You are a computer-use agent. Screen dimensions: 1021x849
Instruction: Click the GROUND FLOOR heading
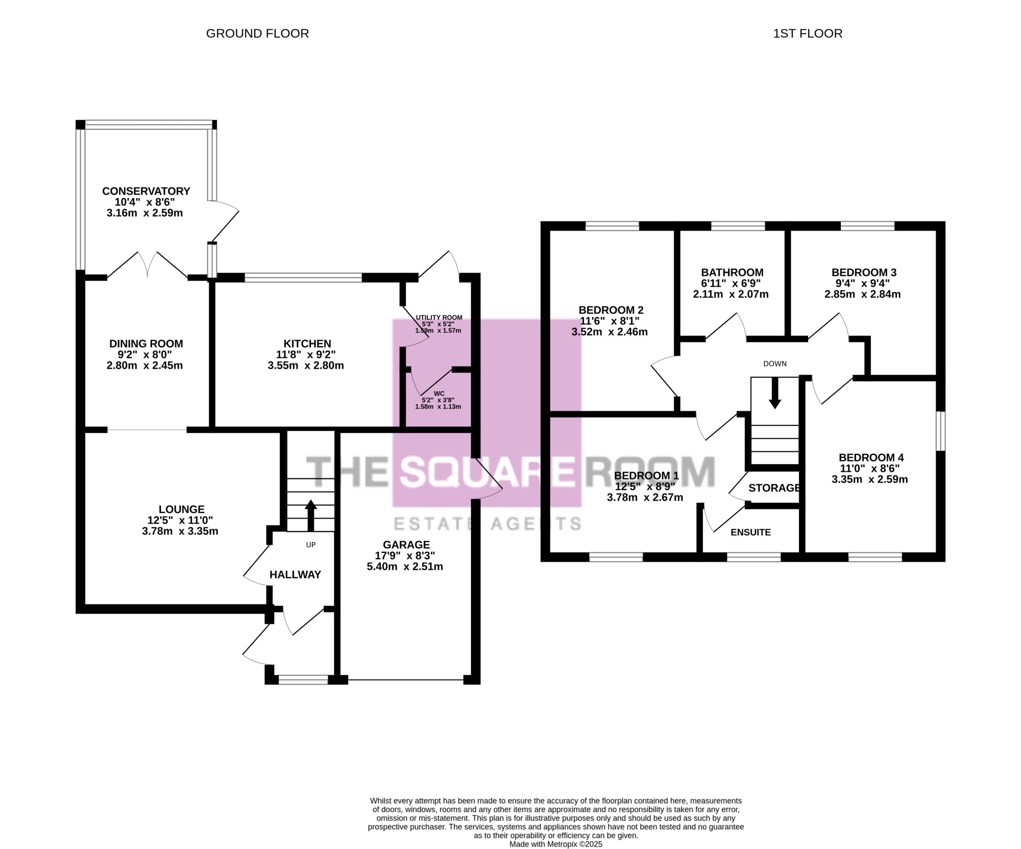pos(257,34)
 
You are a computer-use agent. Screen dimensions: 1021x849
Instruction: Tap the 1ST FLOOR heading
pos(808,34)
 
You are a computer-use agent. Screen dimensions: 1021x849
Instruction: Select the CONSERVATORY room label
pos(146,191)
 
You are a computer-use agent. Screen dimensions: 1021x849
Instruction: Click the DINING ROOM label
pos(146,344)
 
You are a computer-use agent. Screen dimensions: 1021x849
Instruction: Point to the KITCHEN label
pos(307,344)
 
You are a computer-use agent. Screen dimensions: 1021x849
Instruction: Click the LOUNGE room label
pos(181,509)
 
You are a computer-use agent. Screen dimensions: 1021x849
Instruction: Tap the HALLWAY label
pos(295,574)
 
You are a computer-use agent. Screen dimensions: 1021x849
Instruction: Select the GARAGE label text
pos(406,545)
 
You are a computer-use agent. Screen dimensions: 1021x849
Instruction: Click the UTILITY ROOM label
pos(439,318)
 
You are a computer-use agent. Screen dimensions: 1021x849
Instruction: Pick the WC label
pos(439,394)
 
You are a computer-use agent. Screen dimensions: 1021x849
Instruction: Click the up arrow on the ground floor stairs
pos(310,516)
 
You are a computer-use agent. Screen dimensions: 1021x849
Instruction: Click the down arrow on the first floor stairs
pos(775,393)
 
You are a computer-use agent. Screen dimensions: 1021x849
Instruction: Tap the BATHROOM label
pos(732,272)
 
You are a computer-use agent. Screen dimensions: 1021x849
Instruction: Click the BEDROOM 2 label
pos(611,310)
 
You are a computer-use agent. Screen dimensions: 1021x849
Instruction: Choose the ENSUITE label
pos(750,532)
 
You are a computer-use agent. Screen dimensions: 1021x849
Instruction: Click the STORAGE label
pos(774,488)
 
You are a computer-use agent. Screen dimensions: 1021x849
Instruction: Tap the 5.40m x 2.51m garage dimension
pos(405,567)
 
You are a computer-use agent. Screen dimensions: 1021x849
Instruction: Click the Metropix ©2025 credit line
pos(556,844)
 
